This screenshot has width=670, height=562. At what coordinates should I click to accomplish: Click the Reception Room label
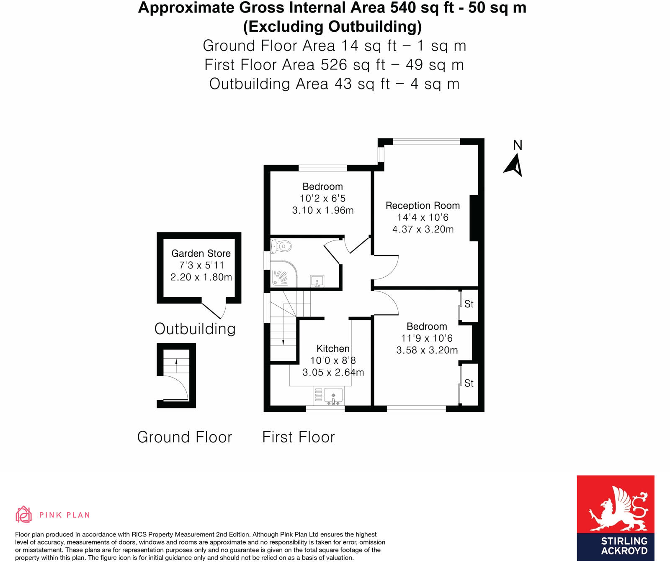click(x=423, y=206)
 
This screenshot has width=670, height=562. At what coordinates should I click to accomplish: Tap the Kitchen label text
click(x=333, y=349)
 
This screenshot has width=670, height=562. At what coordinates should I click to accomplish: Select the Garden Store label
click(x=201, y=253)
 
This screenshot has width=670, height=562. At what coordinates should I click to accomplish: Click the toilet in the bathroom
click(x=281, y=246)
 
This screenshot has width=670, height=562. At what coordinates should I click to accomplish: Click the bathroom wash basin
click(x=317, y=281)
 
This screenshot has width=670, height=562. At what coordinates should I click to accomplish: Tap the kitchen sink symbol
click(x=333, y=396)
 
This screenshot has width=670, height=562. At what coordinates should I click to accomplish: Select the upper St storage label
click(x=469, y=304)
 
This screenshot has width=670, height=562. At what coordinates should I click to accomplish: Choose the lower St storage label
click(x=469, y=383)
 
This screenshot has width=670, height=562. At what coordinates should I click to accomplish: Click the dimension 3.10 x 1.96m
click(x=322, y=210)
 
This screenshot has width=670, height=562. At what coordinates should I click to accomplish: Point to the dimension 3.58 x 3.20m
click(x=427, y=350)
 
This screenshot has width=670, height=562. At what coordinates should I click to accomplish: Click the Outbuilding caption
click(x=195, y=329)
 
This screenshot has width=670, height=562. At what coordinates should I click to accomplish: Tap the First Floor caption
click(x=298, y=437)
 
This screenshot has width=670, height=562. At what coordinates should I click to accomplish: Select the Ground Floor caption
click(x=184, y=437)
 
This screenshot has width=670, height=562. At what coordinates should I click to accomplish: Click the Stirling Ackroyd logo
click(x=615, y=518)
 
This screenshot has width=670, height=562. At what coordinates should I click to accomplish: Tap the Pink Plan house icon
click(x=23, y=514)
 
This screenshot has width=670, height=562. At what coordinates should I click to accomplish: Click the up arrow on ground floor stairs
click(x=176, y=362)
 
